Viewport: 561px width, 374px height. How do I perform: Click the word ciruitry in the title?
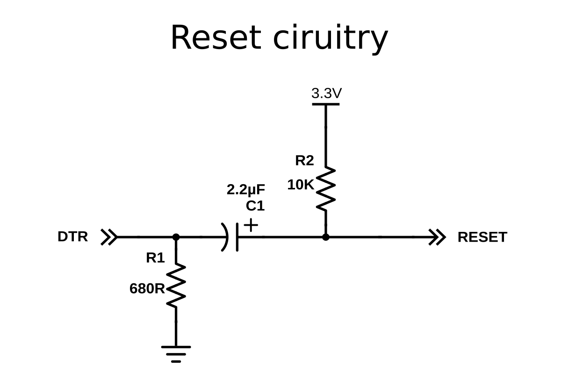click(330, 38)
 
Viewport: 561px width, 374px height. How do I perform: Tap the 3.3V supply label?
click(326, 93)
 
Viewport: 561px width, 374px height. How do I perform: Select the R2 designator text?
click(304, 161)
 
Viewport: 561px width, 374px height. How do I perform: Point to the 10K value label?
click(301, 185)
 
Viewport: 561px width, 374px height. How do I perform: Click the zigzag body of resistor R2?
click(326, 189)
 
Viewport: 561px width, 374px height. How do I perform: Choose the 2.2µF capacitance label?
click(246, 190)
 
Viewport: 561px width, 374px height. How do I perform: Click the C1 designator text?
click(255, 206)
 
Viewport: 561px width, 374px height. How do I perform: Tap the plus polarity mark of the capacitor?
click(251, 225)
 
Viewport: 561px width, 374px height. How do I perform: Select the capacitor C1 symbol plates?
click(232, 237)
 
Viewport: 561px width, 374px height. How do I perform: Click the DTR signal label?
click(72, 237)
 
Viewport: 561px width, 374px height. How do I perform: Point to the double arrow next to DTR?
click(109, 237)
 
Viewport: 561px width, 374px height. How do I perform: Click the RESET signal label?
click(482, 237)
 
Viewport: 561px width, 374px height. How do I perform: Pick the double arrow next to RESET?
click(438, 237)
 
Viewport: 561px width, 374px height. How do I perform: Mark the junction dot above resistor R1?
click(176, 237)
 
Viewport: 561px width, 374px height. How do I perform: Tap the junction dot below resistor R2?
click(326, 237)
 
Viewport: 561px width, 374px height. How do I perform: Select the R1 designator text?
click(155, 258)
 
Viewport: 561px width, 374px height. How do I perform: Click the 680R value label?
click(147, 289)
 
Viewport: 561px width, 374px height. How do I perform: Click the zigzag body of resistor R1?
click(176, 286)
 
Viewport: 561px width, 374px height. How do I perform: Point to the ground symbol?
click(176, 353)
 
